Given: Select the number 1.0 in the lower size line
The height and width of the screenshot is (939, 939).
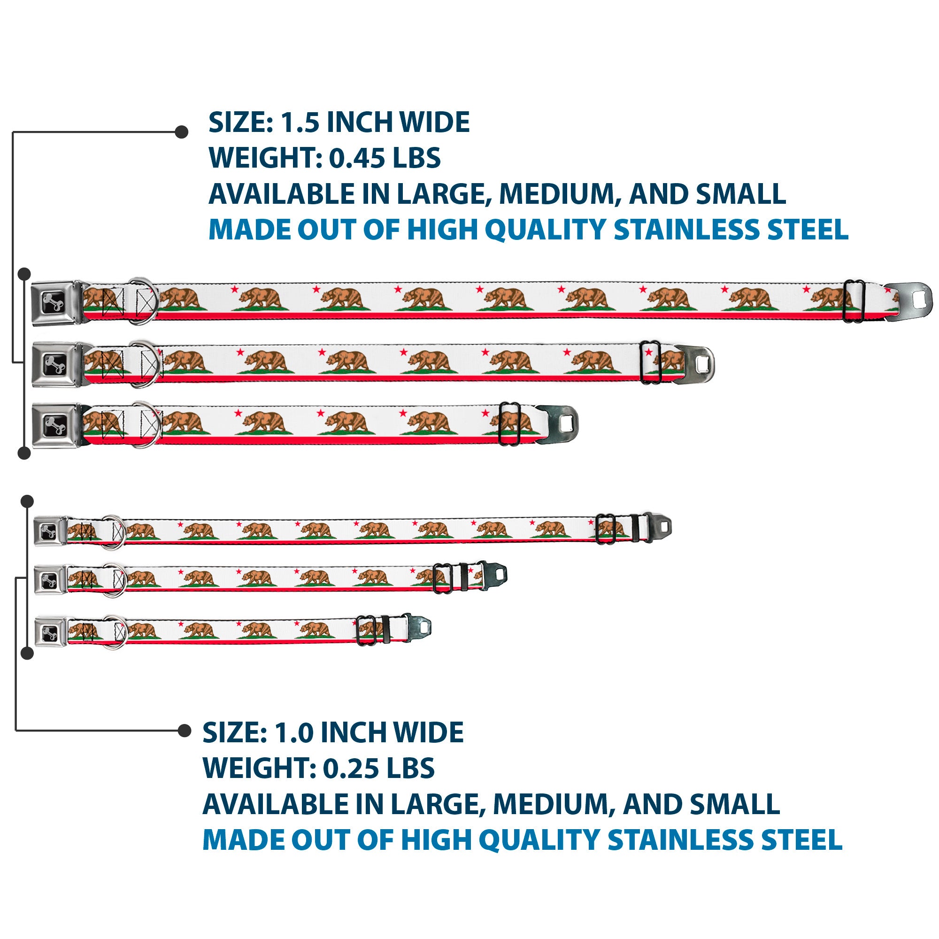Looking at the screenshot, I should point(293,732).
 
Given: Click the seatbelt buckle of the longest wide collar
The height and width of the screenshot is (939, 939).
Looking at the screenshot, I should point(55,303).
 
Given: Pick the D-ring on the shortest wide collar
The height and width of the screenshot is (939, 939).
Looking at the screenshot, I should point(144,425).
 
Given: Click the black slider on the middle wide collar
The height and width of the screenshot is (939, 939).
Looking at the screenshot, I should point(650,362).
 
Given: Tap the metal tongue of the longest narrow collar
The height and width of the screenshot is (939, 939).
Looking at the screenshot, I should point(659,527).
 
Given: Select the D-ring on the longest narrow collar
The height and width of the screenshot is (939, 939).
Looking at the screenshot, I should point(114,532).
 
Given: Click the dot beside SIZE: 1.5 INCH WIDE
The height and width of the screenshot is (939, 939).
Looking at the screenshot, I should point(181,132).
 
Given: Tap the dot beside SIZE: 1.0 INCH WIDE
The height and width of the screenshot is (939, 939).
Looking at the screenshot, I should point(184,731).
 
